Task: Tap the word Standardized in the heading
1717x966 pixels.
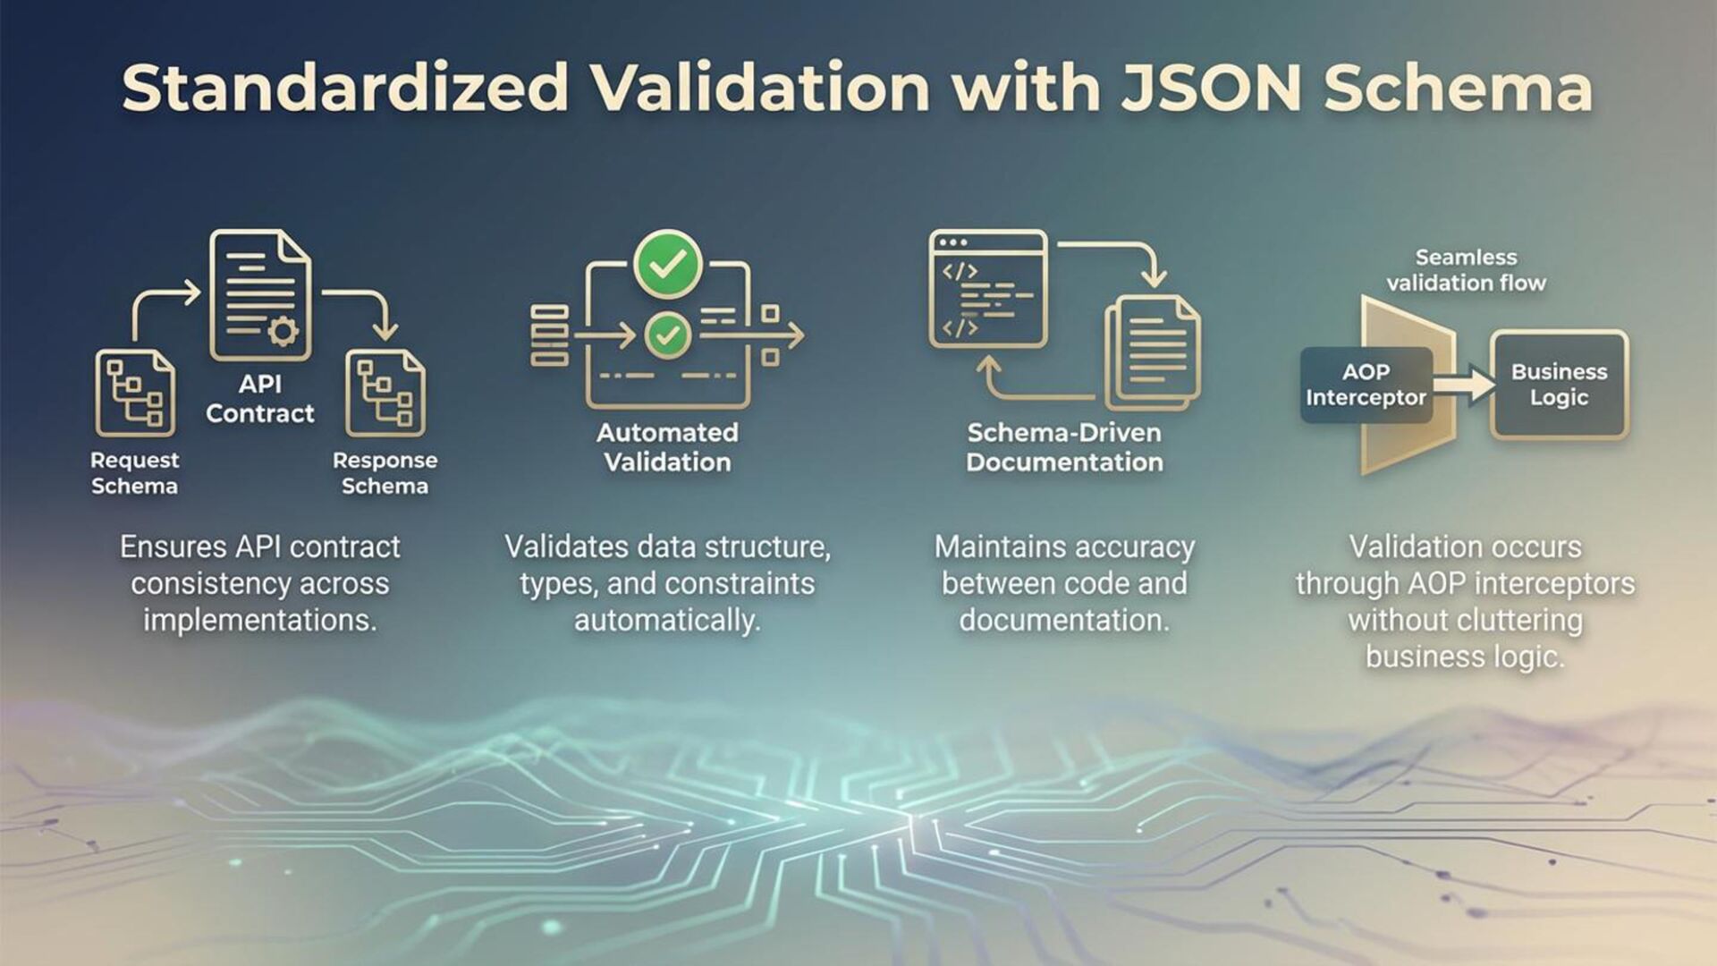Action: point(345,88)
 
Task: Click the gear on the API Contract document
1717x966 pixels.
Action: point(283,332)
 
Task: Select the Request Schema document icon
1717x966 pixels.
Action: point(135,393)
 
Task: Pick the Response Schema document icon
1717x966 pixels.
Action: point(385,393)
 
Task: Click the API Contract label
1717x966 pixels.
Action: point(260,399)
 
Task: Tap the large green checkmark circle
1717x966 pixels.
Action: point(667,264)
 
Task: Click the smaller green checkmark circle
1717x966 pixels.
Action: point(667,335)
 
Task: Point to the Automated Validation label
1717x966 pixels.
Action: point(667,447)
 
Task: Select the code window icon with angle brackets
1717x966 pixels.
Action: point(987,289)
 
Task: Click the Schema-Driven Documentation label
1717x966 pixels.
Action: point(1064,447)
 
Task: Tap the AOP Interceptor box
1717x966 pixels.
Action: point(1366,385)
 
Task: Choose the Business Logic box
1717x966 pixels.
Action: point(1559,385)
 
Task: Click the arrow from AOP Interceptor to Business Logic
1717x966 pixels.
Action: point(1463,386)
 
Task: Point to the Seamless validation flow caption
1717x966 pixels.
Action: point(1466,270)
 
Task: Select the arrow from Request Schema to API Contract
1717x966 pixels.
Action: point(161,304)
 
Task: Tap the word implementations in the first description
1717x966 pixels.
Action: point(260,620)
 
